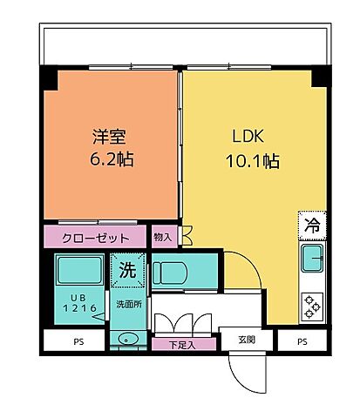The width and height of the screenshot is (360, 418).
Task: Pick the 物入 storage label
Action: coord(163,236)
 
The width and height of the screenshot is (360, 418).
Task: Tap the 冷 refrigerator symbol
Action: coord(310,225)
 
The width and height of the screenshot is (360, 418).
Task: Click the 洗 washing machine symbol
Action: coord(127,269)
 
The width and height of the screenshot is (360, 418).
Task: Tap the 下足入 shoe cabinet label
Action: coord(180,345)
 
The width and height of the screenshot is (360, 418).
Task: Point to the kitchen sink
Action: coord(311,259)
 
